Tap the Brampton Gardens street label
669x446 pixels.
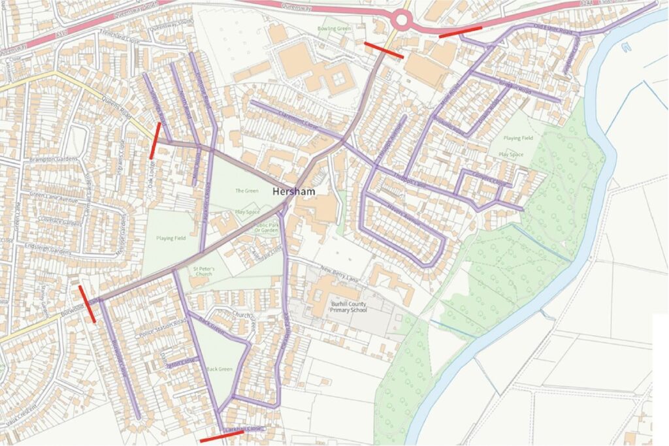point(53,159)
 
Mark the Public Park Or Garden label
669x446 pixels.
point(266,227)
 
